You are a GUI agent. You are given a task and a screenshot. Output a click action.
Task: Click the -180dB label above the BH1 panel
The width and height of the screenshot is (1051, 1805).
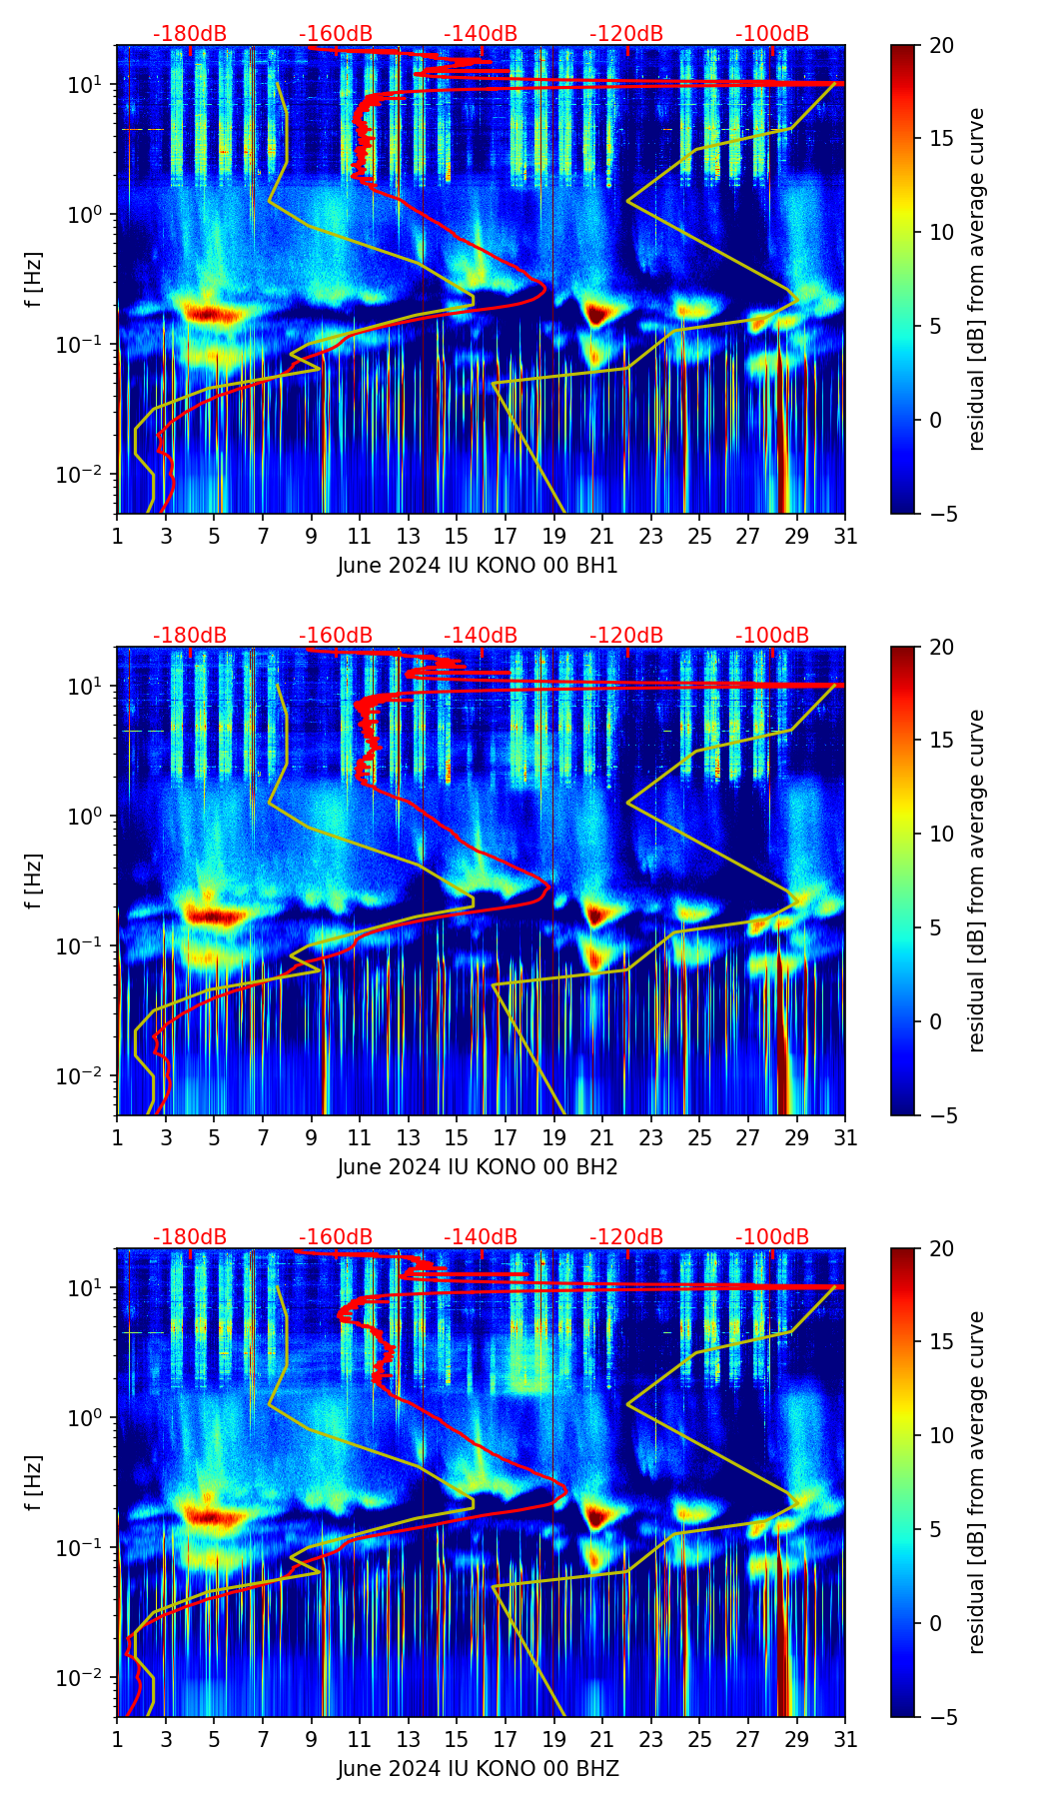[190, 34]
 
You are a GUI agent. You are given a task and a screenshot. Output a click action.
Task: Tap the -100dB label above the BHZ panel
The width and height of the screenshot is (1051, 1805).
[772, 1237]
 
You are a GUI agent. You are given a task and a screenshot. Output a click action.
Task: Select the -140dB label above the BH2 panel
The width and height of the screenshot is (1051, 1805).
[481, 636]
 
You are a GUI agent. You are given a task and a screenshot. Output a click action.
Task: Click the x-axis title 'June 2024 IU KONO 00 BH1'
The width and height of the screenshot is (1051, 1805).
[478, 566]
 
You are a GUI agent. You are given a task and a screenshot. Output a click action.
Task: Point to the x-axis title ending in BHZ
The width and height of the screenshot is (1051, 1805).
[478, 1769]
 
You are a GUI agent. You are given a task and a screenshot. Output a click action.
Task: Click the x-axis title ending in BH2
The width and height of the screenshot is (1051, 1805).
[478, 1167]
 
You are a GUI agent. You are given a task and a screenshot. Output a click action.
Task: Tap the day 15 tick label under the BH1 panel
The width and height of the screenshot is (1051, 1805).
[456, 537]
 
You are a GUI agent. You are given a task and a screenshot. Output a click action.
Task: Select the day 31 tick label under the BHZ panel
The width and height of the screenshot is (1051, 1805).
[845, 1740]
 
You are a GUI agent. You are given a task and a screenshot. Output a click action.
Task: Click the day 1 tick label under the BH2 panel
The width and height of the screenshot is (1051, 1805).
[118, 1138]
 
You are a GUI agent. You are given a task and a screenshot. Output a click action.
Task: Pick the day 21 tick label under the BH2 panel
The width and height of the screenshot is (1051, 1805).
[601, 1138]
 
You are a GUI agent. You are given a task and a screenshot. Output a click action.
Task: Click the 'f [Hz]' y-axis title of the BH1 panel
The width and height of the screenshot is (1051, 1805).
[34, 280]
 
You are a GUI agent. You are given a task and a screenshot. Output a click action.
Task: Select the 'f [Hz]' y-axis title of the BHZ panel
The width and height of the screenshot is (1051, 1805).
[34, 1483]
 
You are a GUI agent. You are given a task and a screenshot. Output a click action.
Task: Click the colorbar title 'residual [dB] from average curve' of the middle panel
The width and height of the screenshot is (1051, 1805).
[977, 881]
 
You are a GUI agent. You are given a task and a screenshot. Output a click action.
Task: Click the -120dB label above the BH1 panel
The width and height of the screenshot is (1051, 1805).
[626, 34]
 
